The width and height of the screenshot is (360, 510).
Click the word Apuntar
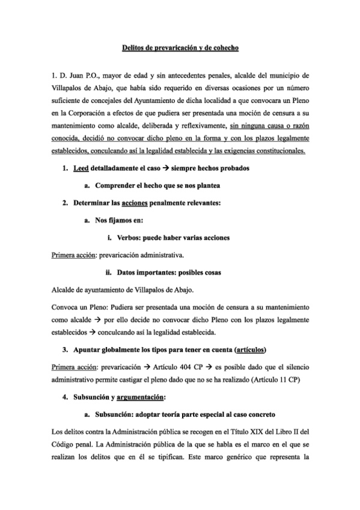coord(90,349)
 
